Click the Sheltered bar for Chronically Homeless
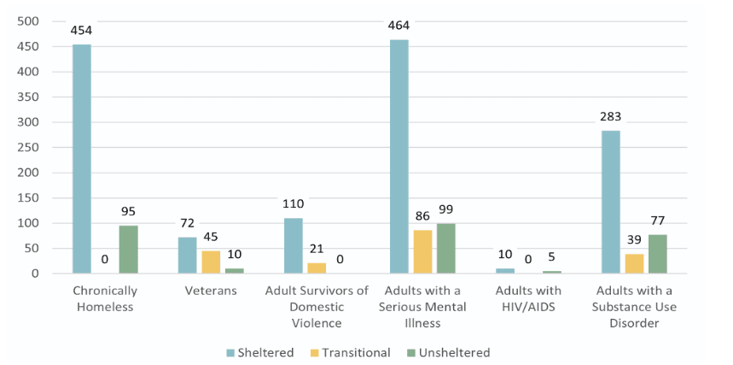click(x=82, y=159)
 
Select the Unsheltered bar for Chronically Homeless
click(x=128, y=250)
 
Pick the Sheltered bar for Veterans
click(x=188, y=255)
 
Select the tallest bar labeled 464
click(x=398, y=156)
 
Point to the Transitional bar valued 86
click(x=422, y=251)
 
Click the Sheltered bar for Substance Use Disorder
click(x=610, y=202)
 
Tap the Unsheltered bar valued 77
click(x=657, y=254)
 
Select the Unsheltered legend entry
click(x=446, y=353)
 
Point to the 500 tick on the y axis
click(x=28, y=21)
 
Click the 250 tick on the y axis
click(x=28, y=147)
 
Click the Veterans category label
click(x=211, y=291)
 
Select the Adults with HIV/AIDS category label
click(x=527, y=298)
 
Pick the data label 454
click(x=82, y=31)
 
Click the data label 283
click(x=610, y=117)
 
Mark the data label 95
click(x=128, y=212)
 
